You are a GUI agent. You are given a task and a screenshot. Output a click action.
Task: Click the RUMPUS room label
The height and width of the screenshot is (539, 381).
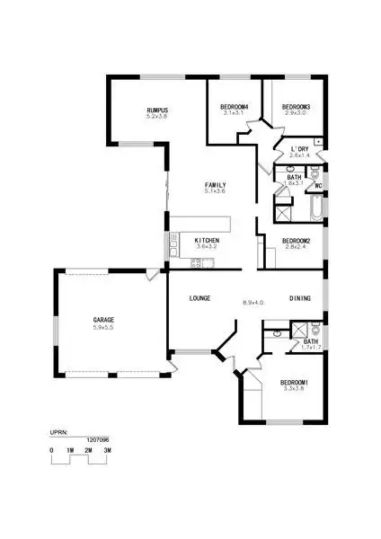(157, 110)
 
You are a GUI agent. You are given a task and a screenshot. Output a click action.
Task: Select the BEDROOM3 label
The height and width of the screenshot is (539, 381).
(289, 107)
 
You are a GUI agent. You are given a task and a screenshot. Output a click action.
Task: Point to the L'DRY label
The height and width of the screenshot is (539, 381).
(300, 148)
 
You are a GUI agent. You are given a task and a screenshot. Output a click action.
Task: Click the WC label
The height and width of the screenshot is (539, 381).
(318, 186)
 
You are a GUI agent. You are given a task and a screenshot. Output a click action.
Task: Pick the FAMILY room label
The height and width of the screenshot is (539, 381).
(214, 184)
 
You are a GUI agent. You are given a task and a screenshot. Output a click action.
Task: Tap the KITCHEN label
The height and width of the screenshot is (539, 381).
(207, 240)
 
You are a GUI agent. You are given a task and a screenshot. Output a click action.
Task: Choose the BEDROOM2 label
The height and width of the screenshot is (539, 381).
(296, 240)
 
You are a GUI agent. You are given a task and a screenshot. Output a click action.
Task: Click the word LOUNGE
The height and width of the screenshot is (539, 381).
(199, 297)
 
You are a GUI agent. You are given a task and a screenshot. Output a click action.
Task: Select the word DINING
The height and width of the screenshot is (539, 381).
(300, 297)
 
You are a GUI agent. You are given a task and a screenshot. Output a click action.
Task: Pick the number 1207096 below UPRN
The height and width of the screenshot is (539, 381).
(99, 440)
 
